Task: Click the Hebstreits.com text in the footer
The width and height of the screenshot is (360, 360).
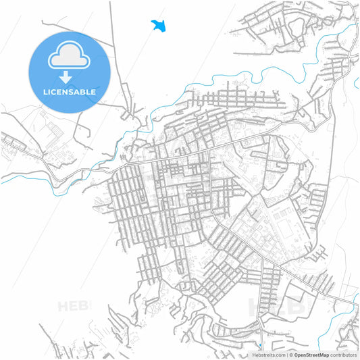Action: tap(268, 355)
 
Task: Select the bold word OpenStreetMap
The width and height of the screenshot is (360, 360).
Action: tap(311, 355)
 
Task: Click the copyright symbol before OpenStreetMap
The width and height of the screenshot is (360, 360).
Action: tap(291, 355)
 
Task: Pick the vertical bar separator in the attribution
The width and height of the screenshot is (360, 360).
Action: tap(286, 355)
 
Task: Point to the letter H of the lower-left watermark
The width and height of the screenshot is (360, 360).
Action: tap(63, 306)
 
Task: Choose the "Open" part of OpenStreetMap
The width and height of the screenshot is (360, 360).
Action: tap(300, 355)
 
